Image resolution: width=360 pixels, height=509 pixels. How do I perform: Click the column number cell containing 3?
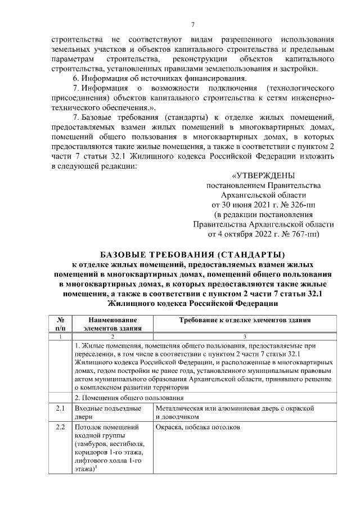tap(245, 336)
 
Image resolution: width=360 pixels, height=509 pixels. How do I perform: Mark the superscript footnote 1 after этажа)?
tap(96, 468)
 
